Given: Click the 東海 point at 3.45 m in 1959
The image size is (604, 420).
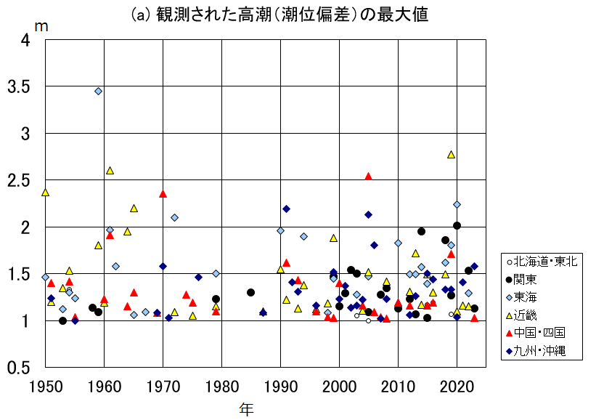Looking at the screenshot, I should click(x=98, y=91).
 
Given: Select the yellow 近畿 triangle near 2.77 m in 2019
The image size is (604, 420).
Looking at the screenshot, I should click(x=451, y=154).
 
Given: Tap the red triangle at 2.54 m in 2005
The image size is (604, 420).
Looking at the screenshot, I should click(x=368, y=176).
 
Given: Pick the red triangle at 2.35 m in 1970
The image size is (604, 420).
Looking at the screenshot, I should click(x=163, y=193).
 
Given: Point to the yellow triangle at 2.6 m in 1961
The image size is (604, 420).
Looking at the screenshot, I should click(x=110, y=170).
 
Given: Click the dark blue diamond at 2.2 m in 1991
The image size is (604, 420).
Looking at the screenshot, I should click(x=286, y=209).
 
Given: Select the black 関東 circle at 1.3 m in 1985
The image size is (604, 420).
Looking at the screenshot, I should click(x=250, y=292).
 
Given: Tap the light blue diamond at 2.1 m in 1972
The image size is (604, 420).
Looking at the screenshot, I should click(x=174, y=217).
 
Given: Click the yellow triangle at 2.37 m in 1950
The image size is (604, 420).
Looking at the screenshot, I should click(x=45, y=192).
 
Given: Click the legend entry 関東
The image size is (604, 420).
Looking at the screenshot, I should click(x=529, y=279).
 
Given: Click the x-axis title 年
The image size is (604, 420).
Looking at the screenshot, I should click(x=247, y=409).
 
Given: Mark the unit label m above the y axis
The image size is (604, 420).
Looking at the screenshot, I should click(x=41, y=26).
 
